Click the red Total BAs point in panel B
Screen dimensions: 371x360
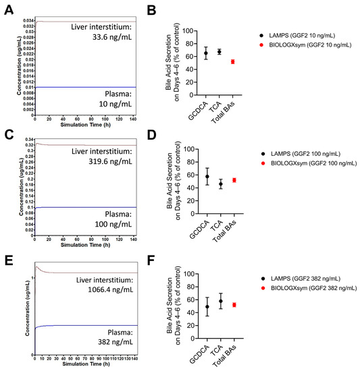(x=232, y=61)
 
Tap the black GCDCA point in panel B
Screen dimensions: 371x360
(x=206, y=53)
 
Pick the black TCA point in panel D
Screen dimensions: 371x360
(x=220, y=183)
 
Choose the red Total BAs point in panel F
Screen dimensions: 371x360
(x=232, y=305)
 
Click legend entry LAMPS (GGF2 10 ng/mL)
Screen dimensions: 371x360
(x=302, y=34)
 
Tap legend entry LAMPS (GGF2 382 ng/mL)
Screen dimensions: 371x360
(x=304, y=286)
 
